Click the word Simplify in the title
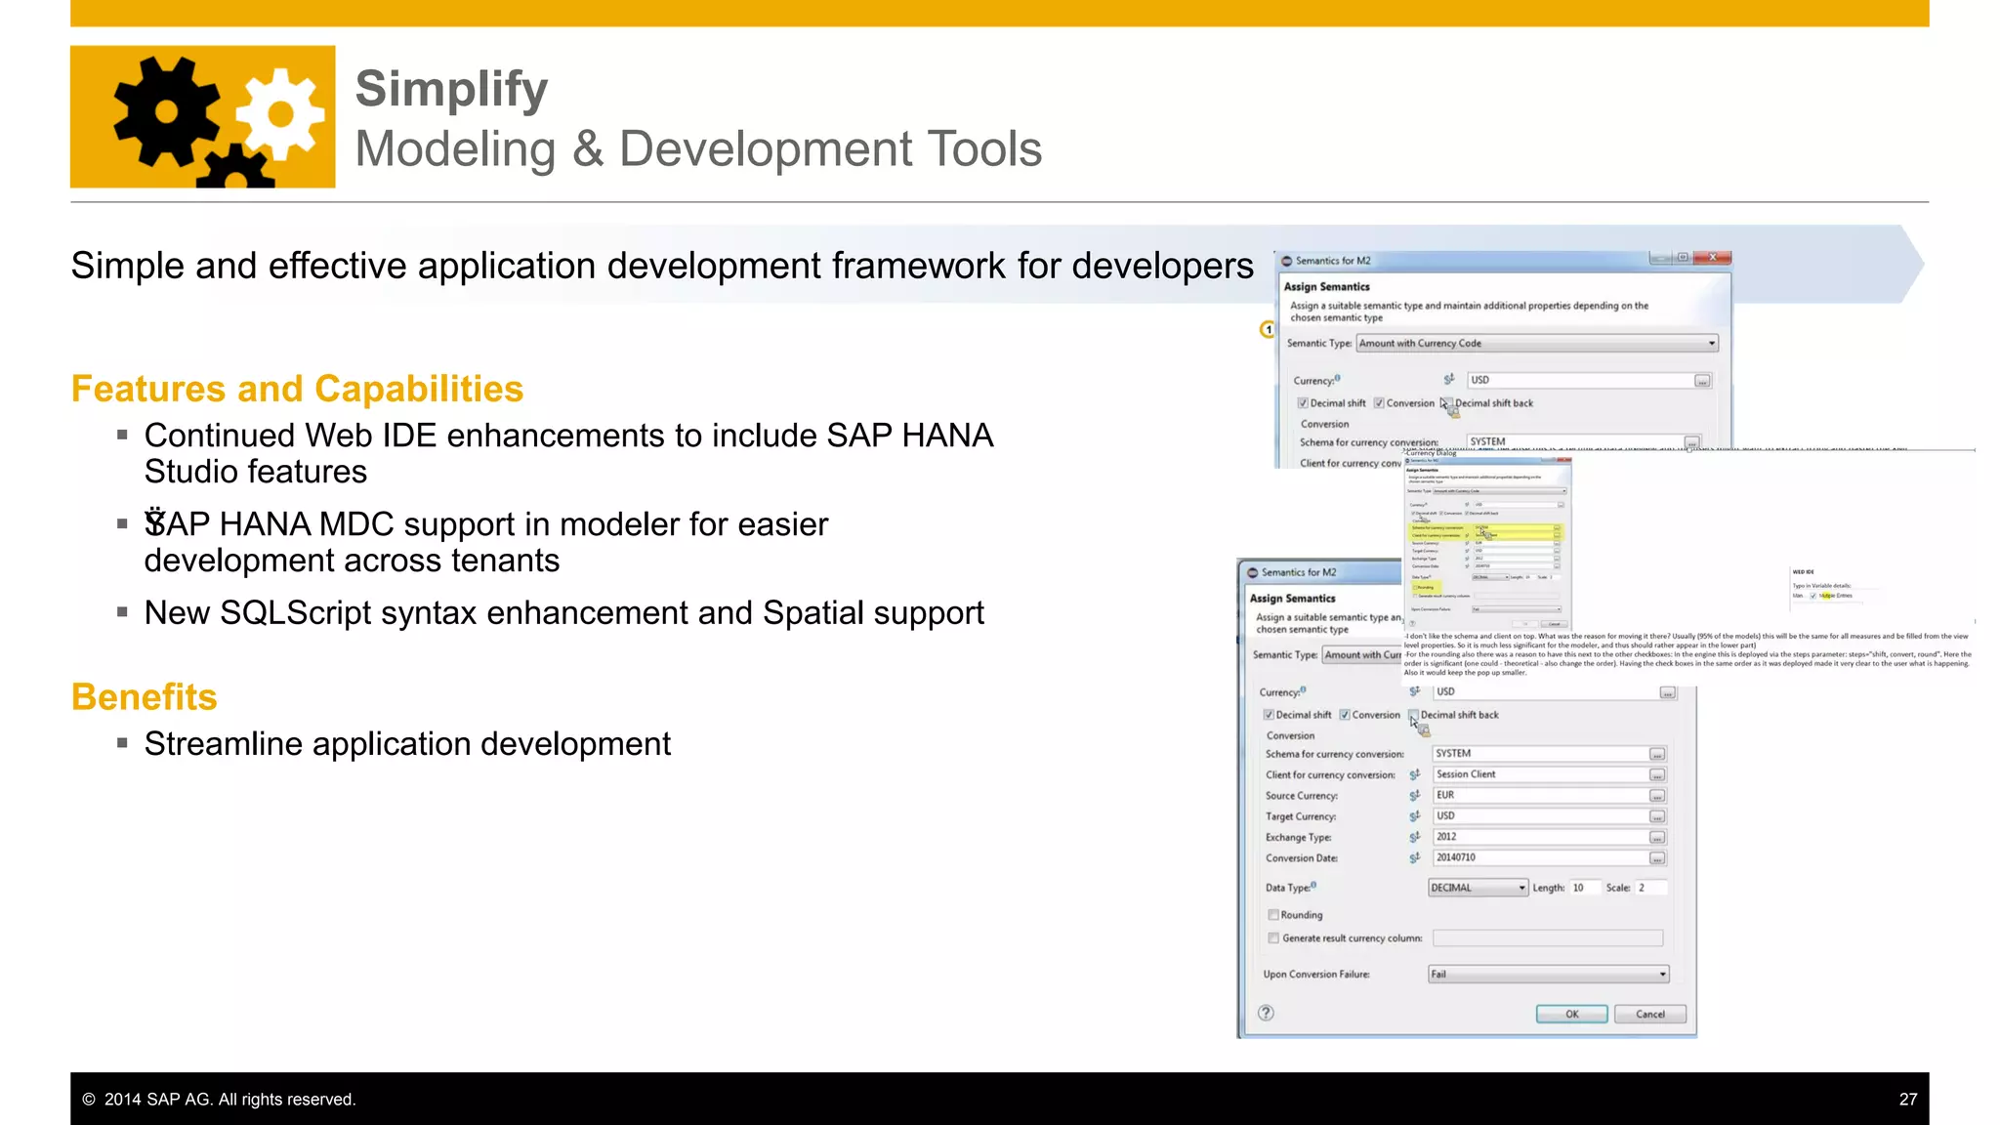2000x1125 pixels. [451, 90]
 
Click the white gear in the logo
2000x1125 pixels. [280, 114]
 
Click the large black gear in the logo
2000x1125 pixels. [166, 111]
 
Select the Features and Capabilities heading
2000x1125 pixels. [297, 389]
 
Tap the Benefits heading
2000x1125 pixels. [144, 697]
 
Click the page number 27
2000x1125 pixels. [1907, 1100]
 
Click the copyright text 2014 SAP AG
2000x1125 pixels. [229, 1100]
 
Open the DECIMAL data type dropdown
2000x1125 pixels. [1478, 888]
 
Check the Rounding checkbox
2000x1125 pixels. [1273, 915]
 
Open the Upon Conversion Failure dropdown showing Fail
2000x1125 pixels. [1548, 975]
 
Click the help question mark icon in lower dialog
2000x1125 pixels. [1266, 1013]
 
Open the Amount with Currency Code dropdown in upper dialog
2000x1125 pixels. [1536, 344]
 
